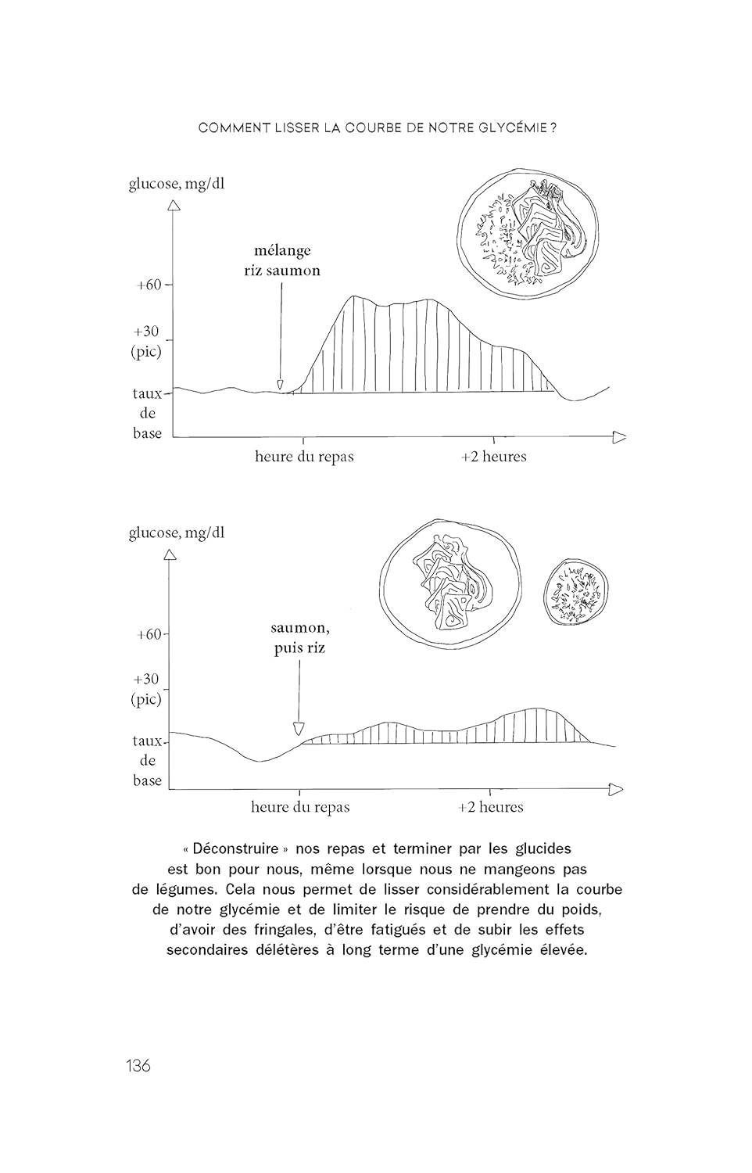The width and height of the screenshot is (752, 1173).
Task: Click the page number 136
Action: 138,1065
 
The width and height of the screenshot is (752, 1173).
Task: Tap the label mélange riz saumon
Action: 282,260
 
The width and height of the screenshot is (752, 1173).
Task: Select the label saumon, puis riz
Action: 299,637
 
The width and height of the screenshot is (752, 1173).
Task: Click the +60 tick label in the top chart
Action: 148,285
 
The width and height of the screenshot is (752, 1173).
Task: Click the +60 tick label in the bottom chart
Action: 148,634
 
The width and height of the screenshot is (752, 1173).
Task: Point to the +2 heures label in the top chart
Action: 493,457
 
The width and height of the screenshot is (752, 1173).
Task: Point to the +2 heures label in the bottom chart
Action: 490,807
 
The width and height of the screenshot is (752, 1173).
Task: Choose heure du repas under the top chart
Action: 304,457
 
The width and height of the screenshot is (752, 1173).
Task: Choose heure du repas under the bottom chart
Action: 300,807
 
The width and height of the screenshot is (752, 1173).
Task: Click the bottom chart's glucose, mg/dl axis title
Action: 177,533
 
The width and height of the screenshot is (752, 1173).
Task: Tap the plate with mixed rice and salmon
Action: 528,233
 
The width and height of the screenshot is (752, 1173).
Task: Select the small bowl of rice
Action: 576,592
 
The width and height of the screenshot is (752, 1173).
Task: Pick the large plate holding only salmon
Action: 449,580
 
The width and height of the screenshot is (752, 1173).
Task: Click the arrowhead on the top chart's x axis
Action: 619,437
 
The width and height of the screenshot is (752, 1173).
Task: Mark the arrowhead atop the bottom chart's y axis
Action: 170,555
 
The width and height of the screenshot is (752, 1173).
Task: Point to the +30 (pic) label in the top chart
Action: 146,341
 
